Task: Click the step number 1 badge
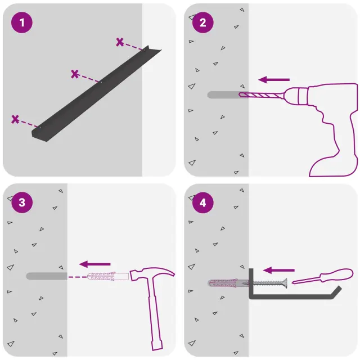pyautogui.click(x=22, y=22)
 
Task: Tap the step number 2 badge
pyautogui.click(x=202, y=22)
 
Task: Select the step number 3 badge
pyautogui.click(x=22, y=202)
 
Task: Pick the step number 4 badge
pyautogui.click(x=202, y=202)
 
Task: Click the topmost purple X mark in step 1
pyautogui.click(x=120, y=42)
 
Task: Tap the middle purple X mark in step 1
pyautogui.click(x=75, y=74)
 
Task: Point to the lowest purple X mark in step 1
pyautogui.click(x=15, y=119)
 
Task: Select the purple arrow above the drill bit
pyautogui.click(x=274, y=80)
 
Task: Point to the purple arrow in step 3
pyautogui.click(x=95, y=264)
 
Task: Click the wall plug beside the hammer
pyautogui.click(x=108, y=276)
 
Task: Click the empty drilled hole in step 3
pyautogui.click(x=47, y=276)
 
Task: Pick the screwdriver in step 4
pyautogui.click(x=322, y=276)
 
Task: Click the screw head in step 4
pyautogui.click(x=285, y=283)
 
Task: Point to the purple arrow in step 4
pyautogui.click(x=279, y=270)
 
